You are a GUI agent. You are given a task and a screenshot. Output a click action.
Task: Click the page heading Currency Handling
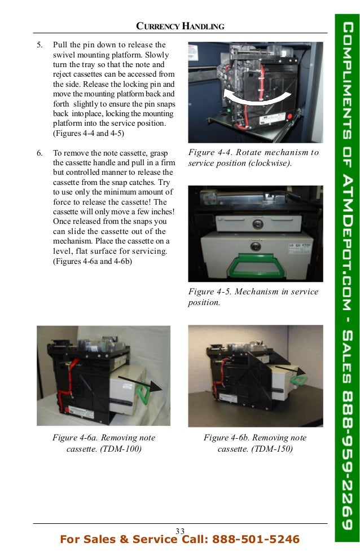click(x=181, y=26)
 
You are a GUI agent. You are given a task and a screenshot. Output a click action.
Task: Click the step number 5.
click(x=39, y=45)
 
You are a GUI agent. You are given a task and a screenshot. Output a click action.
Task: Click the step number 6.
click(x=39, y=153)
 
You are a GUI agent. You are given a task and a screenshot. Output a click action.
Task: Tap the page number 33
click(x=180, y=531)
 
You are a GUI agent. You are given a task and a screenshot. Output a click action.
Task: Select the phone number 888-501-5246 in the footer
click(x=255, y=540)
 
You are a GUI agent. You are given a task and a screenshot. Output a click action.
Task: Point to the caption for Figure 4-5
click(x=253, y=297)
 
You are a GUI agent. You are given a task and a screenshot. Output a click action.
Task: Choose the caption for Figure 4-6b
click(x=255, y=443)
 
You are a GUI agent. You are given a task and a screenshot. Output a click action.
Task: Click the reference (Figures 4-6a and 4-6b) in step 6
click(x=93, y=261)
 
